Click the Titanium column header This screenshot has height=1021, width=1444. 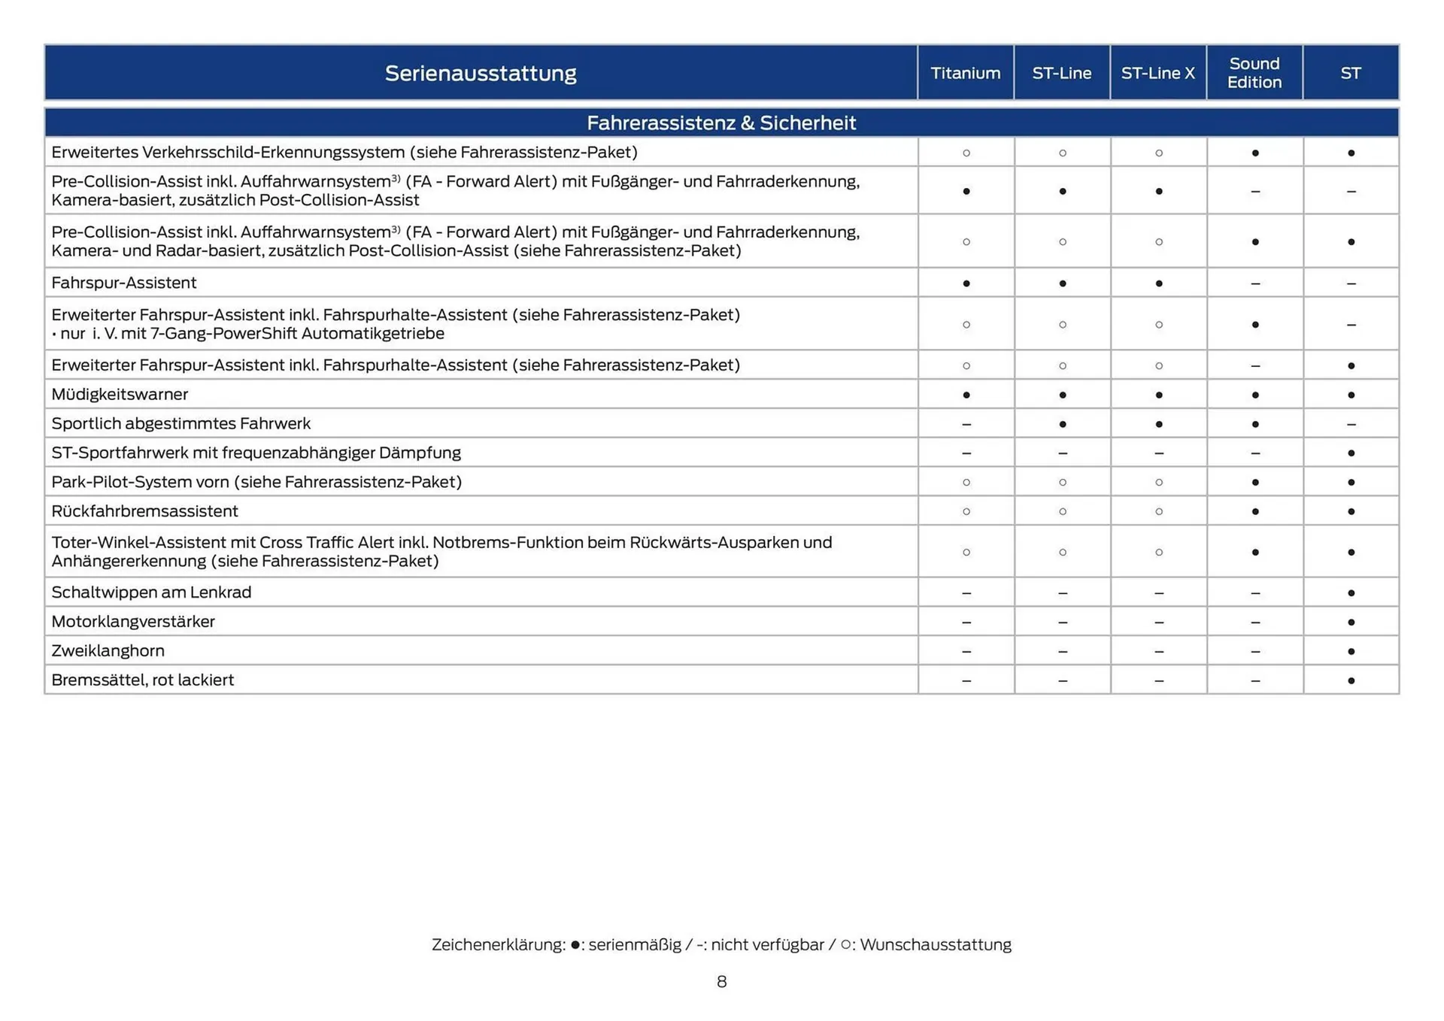click(x=965, y=73)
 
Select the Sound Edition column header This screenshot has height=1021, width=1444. click(x=1254, y=73)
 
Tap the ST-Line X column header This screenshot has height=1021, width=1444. click(x=1157, y=73)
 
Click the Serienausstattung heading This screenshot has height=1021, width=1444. click(x=481, y=73)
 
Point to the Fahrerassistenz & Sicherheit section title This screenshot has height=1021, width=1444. click(x=720, y=123)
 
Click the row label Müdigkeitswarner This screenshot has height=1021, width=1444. click(x=120, y=394)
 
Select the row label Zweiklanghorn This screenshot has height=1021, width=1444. click(x=108, y=650)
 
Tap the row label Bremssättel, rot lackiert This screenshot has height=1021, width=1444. click(x=142, y=680)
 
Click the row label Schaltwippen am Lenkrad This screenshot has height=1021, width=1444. click(x=151, y=592)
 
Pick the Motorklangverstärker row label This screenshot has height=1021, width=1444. click(x=133, y=621)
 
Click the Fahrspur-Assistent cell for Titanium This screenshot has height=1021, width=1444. click(x=966, y=283)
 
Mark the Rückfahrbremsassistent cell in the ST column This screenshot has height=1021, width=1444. click(x=1351, y=511)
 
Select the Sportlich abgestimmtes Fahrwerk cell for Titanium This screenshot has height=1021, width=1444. click(x=966, y=424)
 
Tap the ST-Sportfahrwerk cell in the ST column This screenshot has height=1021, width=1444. click(x=1351, y=453)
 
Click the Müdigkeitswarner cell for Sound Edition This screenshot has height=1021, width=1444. click(x=1254, y=395)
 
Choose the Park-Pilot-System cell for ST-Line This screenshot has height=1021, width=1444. click(x=1062, y=482)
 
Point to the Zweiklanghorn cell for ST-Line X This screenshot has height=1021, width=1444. click(x=1158, y=651)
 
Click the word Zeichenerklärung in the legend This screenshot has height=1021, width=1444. click(x=498, y=944)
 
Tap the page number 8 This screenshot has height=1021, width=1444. click(x=721, y=981)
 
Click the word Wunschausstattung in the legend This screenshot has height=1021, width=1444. click(x=935, y=944)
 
